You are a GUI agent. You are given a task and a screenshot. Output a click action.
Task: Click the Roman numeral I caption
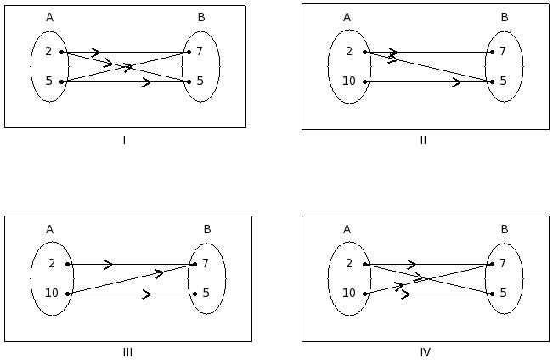[124, 140]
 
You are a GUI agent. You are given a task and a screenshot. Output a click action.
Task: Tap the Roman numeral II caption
[423, 140]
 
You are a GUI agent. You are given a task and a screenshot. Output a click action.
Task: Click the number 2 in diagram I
[48, 52]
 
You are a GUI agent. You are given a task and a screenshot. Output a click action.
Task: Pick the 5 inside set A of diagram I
[48, 81]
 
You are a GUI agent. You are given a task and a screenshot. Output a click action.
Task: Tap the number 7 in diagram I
[200, 52]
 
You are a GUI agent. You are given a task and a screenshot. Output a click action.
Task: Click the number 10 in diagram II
[348, 81]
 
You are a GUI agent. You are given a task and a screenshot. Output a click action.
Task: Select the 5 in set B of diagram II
[503, 81]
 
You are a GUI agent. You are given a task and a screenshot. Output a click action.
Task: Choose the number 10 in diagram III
[51, 294]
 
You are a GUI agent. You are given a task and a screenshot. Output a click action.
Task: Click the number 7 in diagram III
[206, 264]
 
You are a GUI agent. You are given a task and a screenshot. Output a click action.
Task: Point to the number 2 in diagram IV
[348, 264]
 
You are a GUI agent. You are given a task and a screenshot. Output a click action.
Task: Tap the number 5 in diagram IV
[503, 294]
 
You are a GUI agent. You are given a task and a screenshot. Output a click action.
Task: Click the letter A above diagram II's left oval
[347, 17]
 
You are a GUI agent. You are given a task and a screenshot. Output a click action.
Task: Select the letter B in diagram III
[207, 229]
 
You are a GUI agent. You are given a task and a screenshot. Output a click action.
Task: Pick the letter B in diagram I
[201, 17]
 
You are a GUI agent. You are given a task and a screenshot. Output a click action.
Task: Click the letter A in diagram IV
[347, 229]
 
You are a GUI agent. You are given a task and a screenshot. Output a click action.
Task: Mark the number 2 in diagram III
[51, 264]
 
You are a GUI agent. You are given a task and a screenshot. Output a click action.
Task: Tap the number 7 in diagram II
[503, 52]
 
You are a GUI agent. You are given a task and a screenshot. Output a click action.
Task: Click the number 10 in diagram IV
[348, 294]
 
